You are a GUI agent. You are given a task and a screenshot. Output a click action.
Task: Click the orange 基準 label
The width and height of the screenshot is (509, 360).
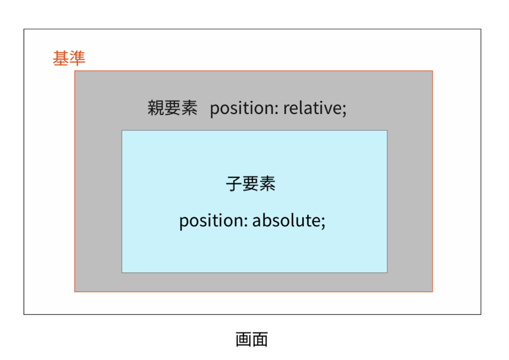point(69,59)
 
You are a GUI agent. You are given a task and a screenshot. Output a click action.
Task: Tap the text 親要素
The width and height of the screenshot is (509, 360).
point(172,108)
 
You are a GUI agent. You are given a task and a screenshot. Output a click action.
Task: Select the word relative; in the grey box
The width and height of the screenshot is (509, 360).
point(315,108)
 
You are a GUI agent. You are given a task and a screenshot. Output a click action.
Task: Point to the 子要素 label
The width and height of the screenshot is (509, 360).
point(251,184)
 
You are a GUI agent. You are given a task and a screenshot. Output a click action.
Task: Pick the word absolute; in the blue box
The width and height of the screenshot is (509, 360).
point(289,221)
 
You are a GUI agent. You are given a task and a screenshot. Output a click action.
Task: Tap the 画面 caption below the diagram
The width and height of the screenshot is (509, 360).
point(252,340)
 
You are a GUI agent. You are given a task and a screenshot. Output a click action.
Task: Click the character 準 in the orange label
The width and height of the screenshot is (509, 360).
point(77,59)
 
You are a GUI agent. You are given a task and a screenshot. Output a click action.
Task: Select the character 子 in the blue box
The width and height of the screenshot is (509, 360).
point(234,184)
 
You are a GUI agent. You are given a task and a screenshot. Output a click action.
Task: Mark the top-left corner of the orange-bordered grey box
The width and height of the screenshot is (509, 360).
point(75,71)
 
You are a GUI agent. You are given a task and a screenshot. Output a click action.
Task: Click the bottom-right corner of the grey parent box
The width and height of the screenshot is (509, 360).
point(432,291)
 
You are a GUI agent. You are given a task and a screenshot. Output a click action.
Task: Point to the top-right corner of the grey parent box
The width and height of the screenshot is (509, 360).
point(432,71)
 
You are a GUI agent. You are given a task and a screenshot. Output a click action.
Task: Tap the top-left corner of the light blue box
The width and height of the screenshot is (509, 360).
point(122,131)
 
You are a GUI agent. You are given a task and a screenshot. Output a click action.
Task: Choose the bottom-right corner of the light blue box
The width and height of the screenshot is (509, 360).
point(387,272)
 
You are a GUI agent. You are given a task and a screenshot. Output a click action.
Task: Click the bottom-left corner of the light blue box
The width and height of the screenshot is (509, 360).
point(122,272)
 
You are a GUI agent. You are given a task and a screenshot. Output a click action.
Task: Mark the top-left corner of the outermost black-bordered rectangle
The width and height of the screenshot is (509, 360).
point(24,29)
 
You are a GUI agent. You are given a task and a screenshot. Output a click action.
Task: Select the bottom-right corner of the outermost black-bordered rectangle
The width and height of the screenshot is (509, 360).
point(481,314)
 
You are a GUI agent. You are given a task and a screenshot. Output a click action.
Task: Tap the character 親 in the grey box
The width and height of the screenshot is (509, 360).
point(156,108)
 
